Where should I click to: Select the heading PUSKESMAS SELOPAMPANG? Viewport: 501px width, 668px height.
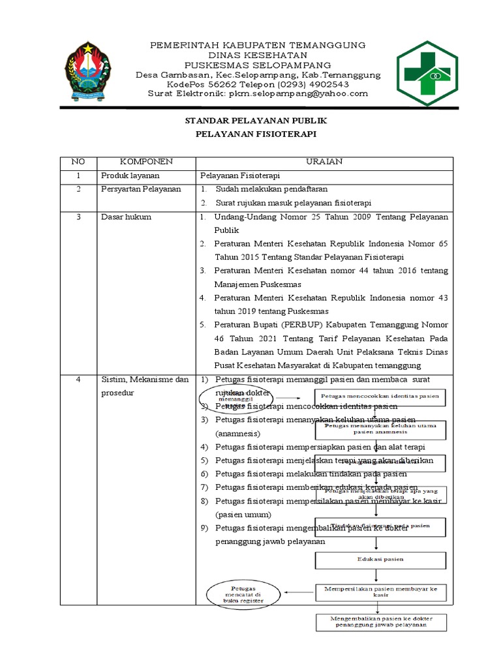(x=258, y=65)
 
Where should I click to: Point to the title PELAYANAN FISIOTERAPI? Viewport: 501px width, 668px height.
(x=256, y=134)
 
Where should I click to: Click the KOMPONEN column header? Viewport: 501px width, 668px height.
(x=145, y=162)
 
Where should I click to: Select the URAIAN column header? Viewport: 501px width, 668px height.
(x=324, y=162)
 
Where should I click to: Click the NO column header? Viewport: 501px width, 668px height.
(x=78, y=162)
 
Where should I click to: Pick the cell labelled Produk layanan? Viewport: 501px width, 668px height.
(x=130, y=175)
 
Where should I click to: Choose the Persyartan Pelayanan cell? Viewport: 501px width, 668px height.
(x=140, y=189)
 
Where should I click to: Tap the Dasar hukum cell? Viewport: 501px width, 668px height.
(x=126, y=217)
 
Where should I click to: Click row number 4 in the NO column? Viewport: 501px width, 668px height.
(x=78, y=380)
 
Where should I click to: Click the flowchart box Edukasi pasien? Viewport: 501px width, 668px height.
(x=380, y=559)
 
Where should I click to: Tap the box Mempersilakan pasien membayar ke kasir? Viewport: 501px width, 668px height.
(x=380, y=592)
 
